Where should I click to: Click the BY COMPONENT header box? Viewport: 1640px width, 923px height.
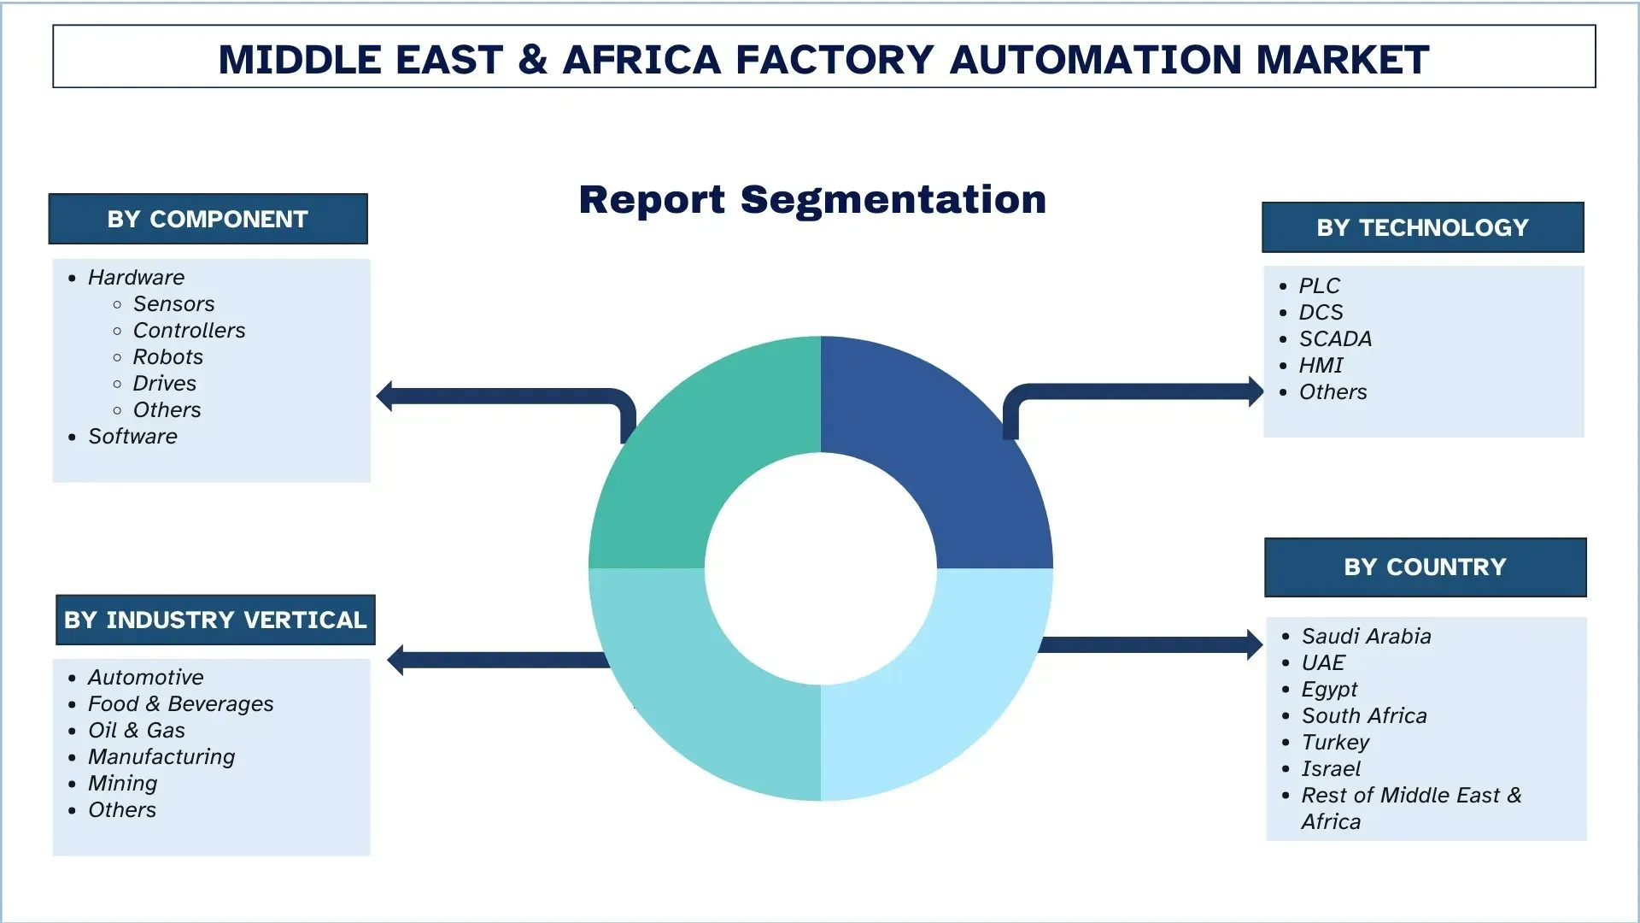pyautogui.click(x=208, y=219)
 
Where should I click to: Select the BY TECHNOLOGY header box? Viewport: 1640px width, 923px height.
pyautogui.click(x=1422, y=227)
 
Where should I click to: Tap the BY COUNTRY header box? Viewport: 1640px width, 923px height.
pyautogui.click(x=1425, y=567)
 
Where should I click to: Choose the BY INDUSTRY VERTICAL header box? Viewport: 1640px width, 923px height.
pyautogui.click(x=215, y=620)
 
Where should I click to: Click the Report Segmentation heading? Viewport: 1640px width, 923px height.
pyautogui.click(x=812, y=200)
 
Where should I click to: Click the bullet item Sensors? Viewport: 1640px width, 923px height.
pyautogui.click(x=173, y=304)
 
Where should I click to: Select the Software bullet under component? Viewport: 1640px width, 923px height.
pyautogui.click(x=132, y=437)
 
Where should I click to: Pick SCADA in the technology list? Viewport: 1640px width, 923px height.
pyautogui.click(x=1335, y=339)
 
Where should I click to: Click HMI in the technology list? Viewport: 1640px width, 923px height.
pyautogui.click(x=1321, y=366)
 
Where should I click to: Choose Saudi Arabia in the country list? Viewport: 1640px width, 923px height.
pyautogui.click(x=1366, y=637)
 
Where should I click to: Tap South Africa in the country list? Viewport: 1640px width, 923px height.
pyautogui.click(x=1363, y=716)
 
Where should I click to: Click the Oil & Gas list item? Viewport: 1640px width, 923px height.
pyautogui.click(x=137, y=731)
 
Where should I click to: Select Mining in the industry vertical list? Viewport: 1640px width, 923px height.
pyautogui.click(x=123, y=784)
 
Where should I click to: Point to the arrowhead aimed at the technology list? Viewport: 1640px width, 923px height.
pyautogui.click(x=1256, y=391)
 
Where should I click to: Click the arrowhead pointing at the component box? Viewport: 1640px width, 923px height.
pyautogui.click(x=384, y=396)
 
